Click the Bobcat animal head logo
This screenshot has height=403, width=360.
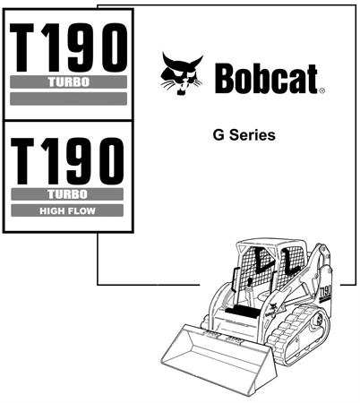click(181, 73)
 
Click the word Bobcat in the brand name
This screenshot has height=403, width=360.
click(266, 79)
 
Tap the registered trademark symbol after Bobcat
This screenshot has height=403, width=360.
click(321, 90)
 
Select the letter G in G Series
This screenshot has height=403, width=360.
click(219, 135)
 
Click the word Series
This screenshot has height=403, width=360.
click(253, 135)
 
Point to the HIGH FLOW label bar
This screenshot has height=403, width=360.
click(67, 210)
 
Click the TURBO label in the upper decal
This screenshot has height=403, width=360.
click(68, 81)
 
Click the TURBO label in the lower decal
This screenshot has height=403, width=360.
click(67, 194)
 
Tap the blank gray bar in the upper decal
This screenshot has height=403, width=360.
click(68, 99)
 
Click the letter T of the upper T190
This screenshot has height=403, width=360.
click(21, 47)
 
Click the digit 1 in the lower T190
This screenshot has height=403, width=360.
click(50, 161)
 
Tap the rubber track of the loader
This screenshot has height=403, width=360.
click(296, 334)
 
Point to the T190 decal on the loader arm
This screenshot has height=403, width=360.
click(325, 293)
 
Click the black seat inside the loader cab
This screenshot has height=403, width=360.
click(243, 312)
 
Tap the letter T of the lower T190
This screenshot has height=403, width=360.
click(22, 161)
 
